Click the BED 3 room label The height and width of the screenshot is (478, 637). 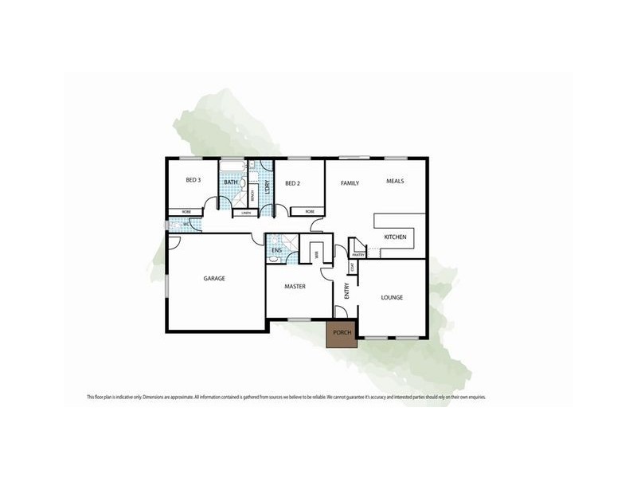pyautogui.click(x=193, y=180)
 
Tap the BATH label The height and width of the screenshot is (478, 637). pyautogui.click(x=230, y=182)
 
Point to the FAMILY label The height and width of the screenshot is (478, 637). pyautogui.click(x=350, y=183)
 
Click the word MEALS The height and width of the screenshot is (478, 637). pyautogui.click(x=395, y=181)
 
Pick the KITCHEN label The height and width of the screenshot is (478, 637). pyautogui.click(x=396, y=237)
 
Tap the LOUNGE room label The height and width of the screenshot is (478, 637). pyautogui.click(x=392, y=297)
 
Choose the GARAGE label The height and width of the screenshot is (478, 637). pyautogui.click(x=214, y=278)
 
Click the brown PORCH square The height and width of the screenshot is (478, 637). pyautogui.click(x=342, y=333)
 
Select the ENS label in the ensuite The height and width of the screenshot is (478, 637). pyautogui.click(x=276, y=251)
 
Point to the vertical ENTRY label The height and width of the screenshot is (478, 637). pyautogui.click(x=346, y=291)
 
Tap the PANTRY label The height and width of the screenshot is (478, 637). pyautogui.click(x=358, y=255)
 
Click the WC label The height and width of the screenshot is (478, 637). pyautogui.click(x=186, y=224)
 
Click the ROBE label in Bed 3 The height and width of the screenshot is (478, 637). pyautogui.click(x=187, y=212)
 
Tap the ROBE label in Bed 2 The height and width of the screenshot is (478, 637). pyautogui.click(x=310, y=212)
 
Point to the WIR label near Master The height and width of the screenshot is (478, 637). pyautogui.click(x=316, y=256)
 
